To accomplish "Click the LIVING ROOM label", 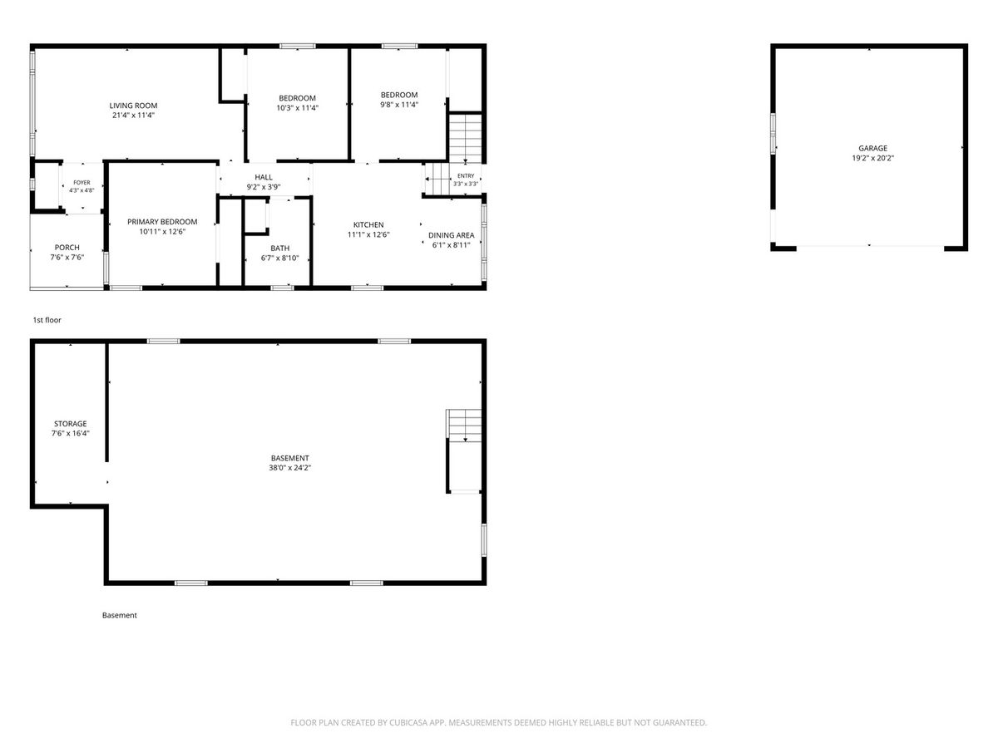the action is (x=133, y=106).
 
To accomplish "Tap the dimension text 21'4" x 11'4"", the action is (x=133, y=116).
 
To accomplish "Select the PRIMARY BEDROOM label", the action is (x=162, y=222).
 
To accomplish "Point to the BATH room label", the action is (x=279, y=248).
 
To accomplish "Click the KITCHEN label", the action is (x=368, y=224).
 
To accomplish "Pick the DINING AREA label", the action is (x=451, y=235).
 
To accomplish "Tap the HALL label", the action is (x=264, y=177).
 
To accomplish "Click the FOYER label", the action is (x=82, y=183).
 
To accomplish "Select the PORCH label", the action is (x=67, y=248).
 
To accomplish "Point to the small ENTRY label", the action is (x=466, y=175).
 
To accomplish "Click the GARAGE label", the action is (x=872, y=148).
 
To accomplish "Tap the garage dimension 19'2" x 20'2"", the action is (x=872, y=158).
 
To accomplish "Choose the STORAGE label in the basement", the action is (x=71, y=423).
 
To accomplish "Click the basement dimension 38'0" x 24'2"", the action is (x=289, y=468).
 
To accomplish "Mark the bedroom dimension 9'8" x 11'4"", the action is (x=399, y=105).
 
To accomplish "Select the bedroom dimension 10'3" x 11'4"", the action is (x=298, y=108).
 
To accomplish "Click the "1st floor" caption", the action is (x=47, y=320).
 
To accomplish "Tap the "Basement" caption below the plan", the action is (x=120, y=615).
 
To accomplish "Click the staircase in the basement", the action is (x=464, y=426).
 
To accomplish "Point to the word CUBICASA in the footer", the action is (x=408, y=722).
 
